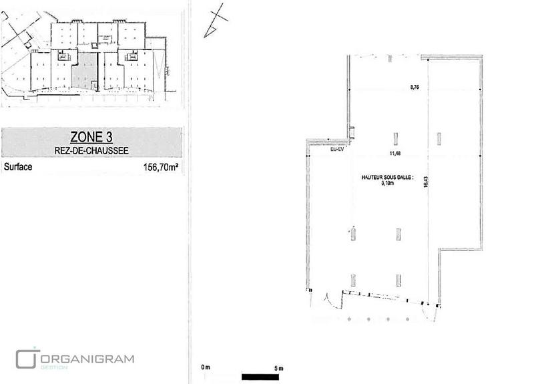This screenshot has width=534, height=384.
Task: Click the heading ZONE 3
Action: (x=91, y=138)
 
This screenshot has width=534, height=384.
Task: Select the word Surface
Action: (x=18, y=167)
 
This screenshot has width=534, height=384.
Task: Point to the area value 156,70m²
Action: (x=161, y=168)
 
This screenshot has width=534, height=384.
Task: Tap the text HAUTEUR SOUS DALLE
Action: (x=387, y=178)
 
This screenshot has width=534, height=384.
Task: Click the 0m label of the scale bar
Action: (x=206, y=368)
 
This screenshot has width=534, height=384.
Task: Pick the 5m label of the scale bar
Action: (x=279, y=368)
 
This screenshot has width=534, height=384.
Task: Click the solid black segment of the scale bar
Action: (x=260, y=375)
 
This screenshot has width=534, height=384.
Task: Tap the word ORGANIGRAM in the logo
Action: (x=87, y=359)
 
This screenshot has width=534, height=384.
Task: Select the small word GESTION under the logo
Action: (x=50, y=367)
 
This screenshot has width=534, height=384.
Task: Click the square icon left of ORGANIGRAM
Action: (x=25, y=357)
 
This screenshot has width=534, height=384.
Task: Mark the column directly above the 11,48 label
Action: (x=396, y=138)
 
